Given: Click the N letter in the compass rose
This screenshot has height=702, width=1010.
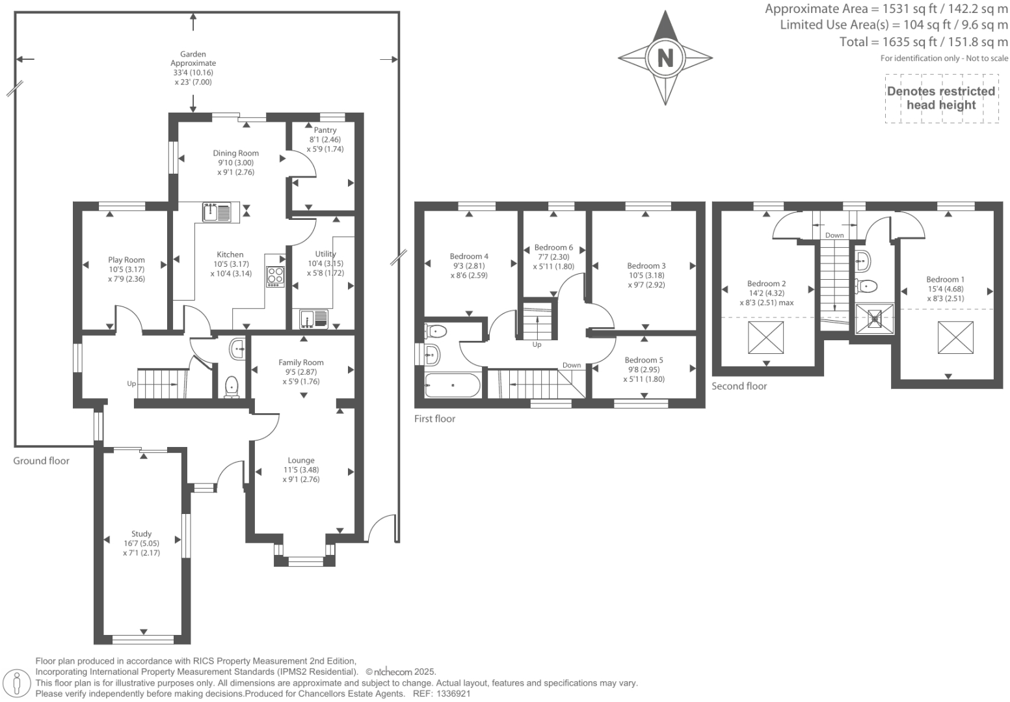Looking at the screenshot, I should point(665,59).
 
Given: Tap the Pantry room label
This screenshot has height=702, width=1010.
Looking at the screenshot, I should point(325,130).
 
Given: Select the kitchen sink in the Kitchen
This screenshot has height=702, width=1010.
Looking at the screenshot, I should point(217,212).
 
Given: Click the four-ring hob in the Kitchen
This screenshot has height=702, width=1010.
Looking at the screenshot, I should point(275,277).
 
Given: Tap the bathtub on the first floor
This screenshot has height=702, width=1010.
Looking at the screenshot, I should point(453,385).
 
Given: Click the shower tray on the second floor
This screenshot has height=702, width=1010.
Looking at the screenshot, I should point(875,319).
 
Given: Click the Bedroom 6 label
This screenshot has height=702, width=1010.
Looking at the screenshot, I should point(553,247).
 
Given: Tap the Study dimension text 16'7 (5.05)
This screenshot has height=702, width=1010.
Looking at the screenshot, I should point(141,543).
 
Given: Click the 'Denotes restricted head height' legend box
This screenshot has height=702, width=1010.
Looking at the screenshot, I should point(941,98).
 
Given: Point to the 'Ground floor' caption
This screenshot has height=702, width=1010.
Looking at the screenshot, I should point(41,461).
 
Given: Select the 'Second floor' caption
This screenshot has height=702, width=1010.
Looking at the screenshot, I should point(739,386).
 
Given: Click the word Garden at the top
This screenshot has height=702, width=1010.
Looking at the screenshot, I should point(193,54).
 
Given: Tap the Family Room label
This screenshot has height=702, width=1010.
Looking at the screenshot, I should point(301,362).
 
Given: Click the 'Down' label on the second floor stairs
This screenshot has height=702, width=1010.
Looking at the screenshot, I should point(834,236).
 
